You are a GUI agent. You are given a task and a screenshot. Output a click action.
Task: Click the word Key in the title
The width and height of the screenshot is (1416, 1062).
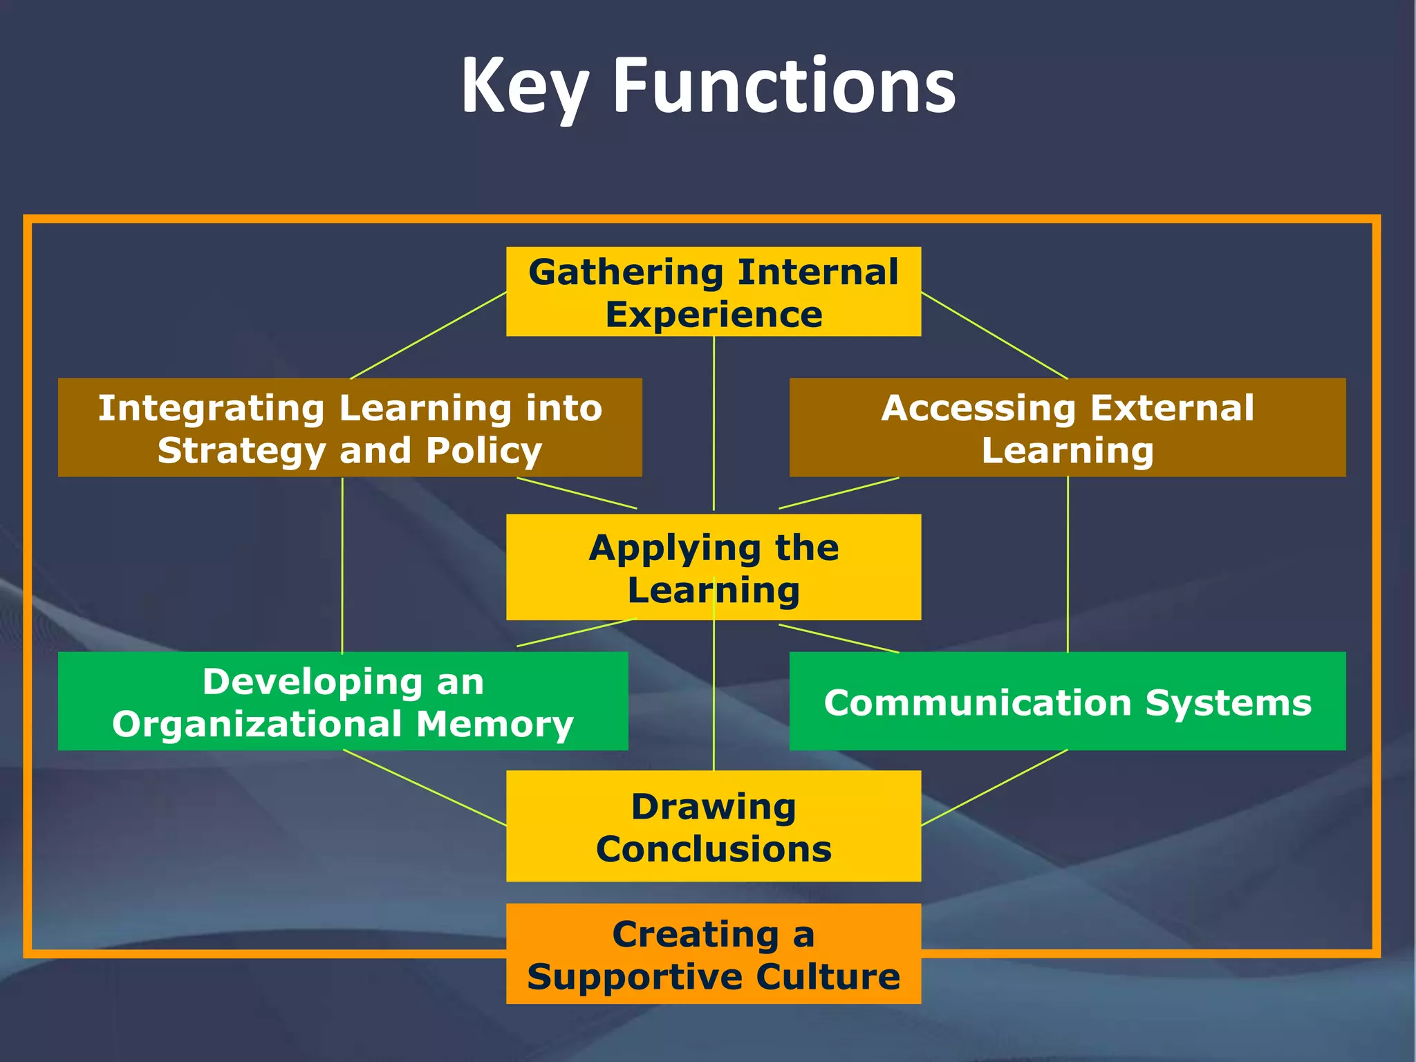(524, 86)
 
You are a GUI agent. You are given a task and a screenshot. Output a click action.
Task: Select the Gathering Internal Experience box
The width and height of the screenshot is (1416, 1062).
(714, 292)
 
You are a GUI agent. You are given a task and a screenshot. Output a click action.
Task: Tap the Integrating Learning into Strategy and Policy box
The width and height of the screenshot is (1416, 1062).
(350, 427)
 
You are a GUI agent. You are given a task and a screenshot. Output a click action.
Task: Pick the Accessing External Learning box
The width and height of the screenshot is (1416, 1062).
(1067, 427)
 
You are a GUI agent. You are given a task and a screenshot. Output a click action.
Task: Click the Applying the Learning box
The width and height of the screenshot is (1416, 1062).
(714, 567)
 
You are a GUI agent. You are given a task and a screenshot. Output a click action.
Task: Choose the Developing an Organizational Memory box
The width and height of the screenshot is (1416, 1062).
(343, 701)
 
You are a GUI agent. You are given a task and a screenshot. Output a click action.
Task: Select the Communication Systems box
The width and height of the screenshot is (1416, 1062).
(1067, 701)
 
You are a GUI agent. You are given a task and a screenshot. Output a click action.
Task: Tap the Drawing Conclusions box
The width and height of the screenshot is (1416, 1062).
(714, 826)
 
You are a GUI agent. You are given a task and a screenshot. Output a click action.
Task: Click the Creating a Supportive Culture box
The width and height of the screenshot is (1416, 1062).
(714, 953)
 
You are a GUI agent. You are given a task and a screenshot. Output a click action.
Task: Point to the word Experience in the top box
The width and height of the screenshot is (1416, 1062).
(714, 315)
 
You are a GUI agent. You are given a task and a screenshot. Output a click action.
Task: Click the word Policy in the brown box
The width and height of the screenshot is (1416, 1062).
(483, 451)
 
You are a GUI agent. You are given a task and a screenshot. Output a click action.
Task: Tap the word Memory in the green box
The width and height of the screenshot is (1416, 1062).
(494, 725)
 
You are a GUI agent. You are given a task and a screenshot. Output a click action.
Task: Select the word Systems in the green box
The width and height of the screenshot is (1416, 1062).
(1228, 703)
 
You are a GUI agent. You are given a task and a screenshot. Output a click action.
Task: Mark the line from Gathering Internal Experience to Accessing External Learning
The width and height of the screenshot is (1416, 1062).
(994, 335)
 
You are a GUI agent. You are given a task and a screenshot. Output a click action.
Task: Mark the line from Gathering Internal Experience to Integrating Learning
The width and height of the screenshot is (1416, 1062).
(429, 335)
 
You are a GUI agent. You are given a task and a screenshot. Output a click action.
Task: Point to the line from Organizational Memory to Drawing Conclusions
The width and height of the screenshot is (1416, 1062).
(425, 788)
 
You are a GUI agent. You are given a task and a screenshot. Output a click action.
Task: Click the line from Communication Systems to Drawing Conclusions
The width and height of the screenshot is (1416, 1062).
(994, 788)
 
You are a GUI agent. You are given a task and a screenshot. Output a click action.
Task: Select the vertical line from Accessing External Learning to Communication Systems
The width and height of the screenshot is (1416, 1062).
(1068, 564)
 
